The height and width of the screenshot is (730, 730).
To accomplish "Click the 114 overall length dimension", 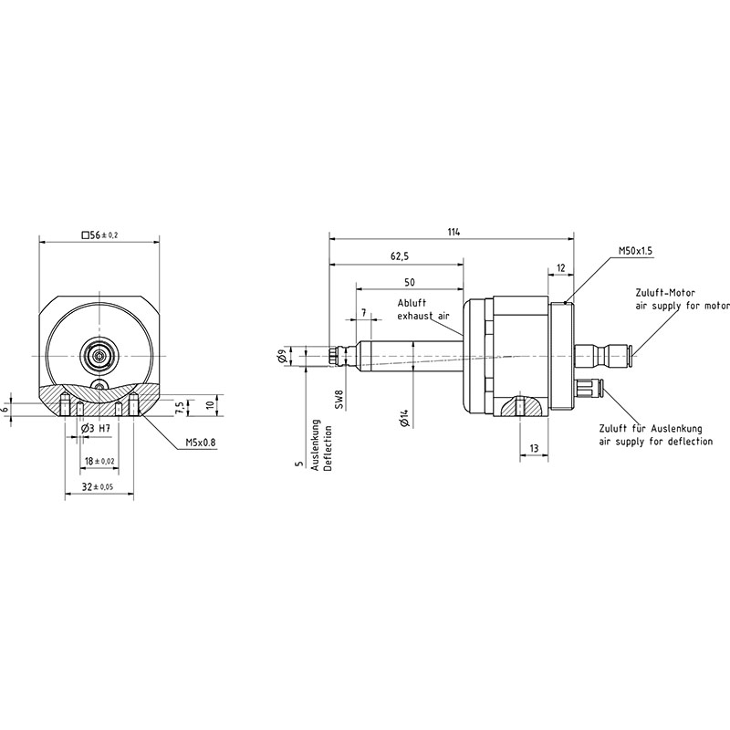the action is pyautogui.click(x=454, y=232).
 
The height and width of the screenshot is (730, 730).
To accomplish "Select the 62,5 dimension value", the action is pyautogui.click(x=400, y=256).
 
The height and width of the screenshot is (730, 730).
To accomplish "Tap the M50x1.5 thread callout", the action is pyautogui.click(x=635, y=251).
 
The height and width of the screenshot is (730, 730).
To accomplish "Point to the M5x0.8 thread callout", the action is pyautogui.click(x=201, y=443).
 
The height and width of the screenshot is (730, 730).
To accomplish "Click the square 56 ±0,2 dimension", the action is pyautogui.click(x=99, y=235).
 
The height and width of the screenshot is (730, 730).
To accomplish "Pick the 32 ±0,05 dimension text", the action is pyautogui.click(x=98, y=487).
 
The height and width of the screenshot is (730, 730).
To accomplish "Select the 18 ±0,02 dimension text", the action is pyautogui.click(x=99, y=461).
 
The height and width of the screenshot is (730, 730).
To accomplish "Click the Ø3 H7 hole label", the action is pyautogui.click(x=96, y=429).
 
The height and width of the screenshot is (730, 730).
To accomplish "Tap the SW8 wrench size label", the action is pyautogui.click(x=339, y=399).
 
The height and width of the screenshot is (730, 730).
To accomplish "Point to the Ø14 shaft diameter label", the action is pyautogui.click(x=404, y=419).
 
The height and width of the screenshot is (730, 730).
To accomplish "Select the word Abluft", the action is pyautogui.click(x=412, y=303).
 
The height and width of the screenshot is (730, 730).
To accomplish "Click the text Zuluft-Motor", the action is pyautogui.click(x=665, y=293).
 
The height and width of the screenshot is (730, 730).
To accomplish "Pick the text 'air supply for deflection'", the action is pyautogui.click(x=655, y=441).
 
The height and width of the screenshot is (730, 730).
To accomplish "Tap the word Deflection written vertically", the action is pyautogui.click(x=328, y=448).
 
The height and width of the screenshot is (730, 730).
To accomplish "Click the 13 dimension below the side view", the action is pyautogui.click(x=534, y=448).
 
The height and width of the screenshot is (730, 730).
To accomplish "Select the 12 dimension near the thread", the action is pyautogui.click(x=560, y=268).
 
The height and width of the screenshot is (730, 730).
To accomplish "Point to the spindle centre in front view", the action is pyautogui.click(x=99, y=356).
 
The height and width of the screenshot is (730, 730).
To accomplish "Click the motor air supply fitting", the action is pyautogui.click(x=603, y=356).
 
